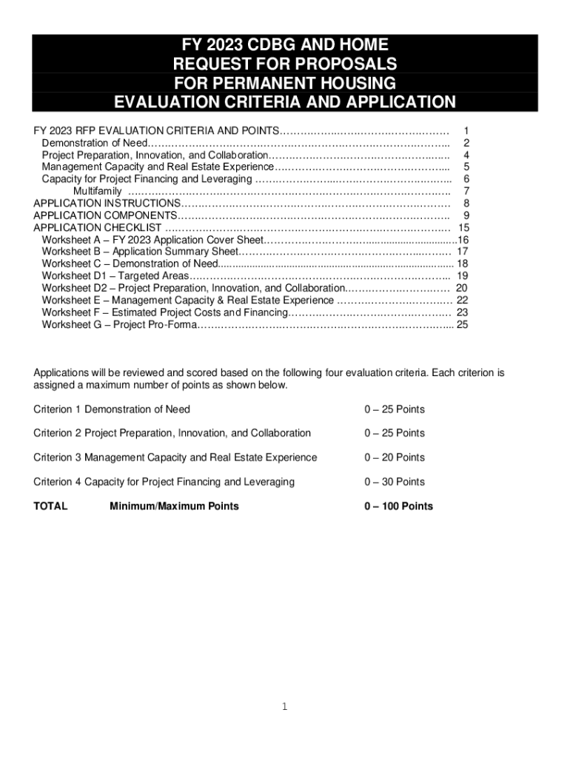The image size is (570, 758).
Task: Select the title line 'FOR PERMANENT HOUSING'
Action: point(284,82)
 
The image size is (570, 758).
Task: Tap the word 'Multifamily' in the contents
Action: point(97,192)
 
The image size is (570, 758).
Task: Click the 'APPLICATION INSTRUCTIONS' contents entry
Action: point(107,204)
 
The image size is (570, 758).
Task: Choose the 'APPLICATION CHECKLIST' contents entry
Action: point(98,228)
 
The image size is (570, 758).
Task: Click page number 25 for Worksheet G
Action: point(462,324)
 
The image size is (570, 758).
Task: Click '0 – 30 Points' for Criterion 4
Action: point(394,482)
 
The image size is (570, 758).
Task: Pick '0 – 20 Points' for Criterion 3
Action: point(394,457)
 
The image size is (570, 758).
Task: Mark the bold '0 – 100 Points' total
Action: point(398,506)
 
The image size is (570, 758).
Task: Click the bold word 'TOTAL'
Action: point(50,506)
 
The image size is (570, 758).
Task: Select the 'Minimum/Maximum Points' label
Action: point(174,506)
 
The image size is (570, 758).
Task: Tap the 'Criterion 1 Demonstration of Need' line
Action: point(112,409)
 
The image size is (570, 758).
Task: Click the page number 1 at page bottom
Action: point(284,707)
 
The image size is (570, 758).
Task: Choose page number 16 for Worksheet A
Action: point(463,240)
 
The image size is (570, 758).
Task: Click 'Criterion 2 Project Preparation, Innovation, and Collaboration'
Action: point(172,433)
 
